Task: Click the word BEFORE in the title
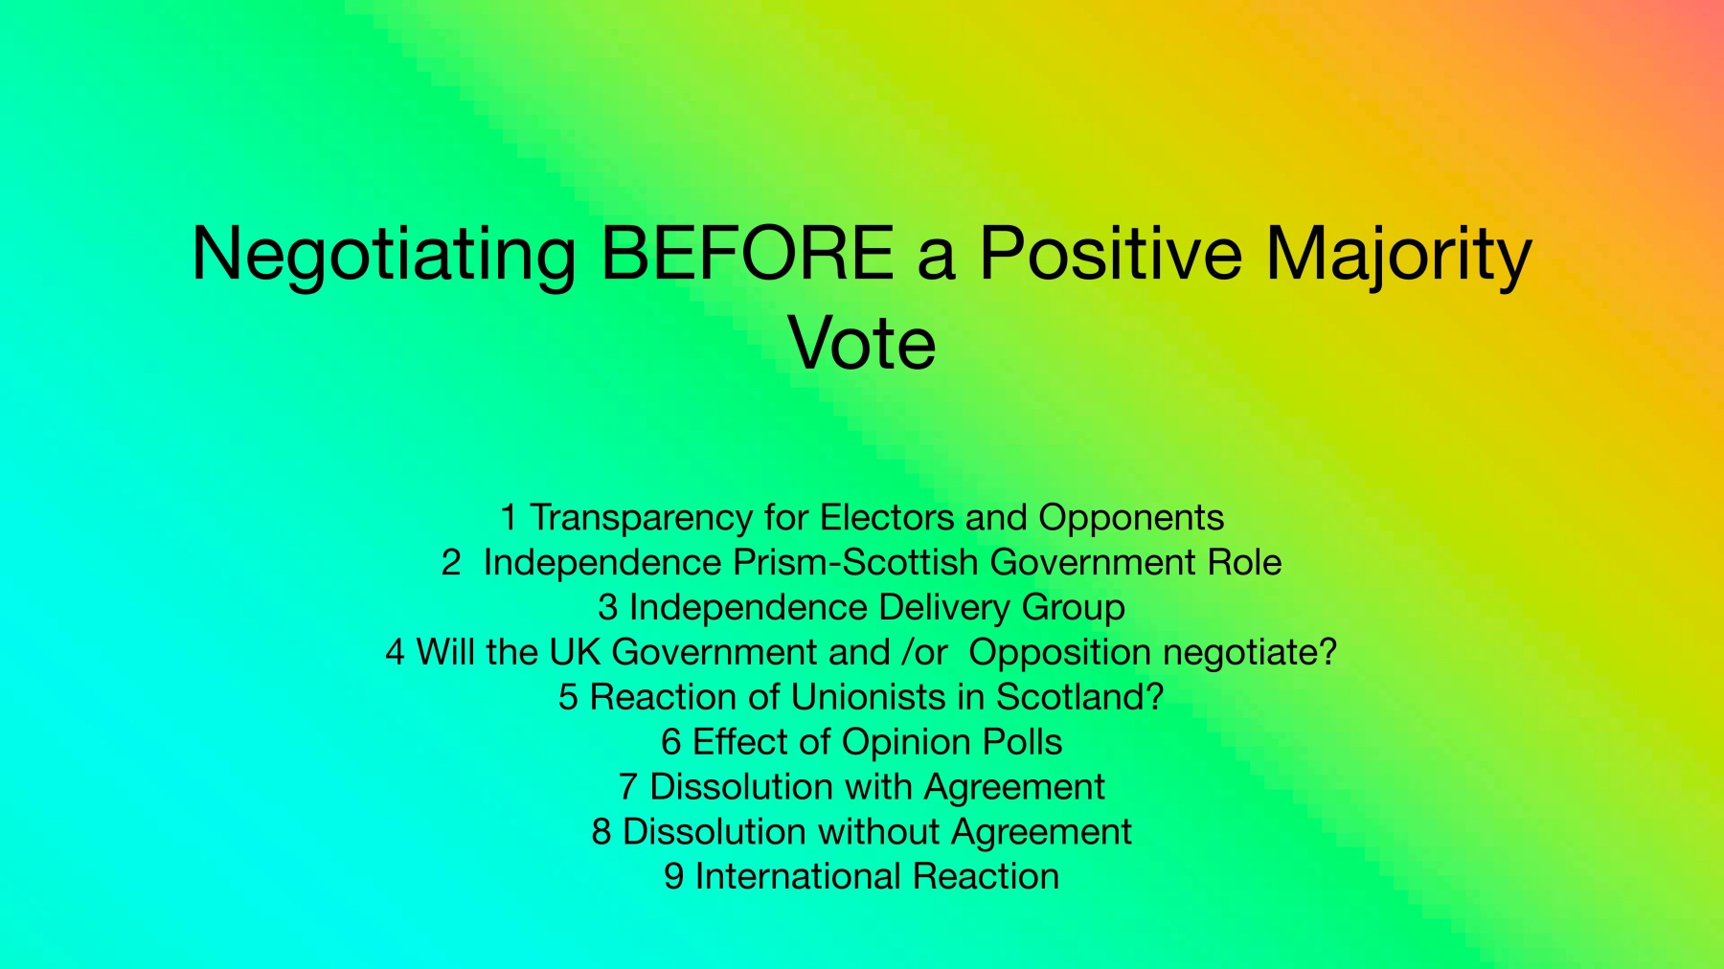point(747,254)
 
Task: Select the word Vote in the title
point(862,344)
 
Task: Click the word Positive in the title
point(1110,254)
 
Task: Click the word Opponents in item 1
point(1131,518)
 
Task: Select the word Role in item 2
point(1244,562)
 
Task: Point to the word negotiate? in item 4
point(1250,653)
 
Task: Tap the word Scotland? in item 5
point(1079,697)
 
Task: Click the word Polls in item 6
point(1022,742)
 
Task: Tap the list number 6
point(671,742)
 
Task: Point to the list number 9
point(674,876)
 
